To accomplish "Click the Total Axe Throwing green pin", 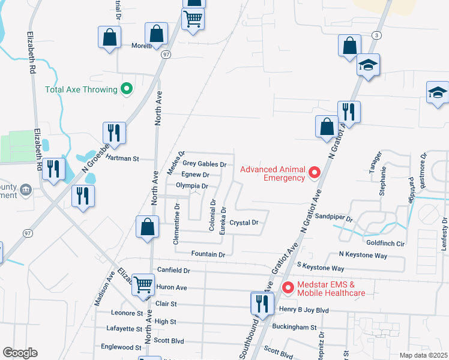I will point(126,89).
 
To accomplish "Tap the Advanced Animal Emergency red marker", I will point(314,173).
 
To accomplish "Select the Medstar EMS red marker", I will point(288,288).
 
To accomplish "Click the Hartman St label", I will point(122,159).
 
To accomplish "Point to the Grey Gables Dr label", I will point(205,164).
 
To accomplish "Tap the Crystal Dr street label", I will point(244,223).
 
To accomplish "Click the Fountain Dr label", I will point(208,254).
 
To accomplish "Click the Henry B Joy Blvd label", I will point(304,310).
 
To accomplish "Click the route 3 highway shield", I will point(376,35).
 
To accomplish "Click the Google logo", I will point(20,353).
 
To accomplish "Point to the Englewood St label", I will point(121,347).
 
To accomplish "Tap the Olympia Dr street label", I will point(191,186).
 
